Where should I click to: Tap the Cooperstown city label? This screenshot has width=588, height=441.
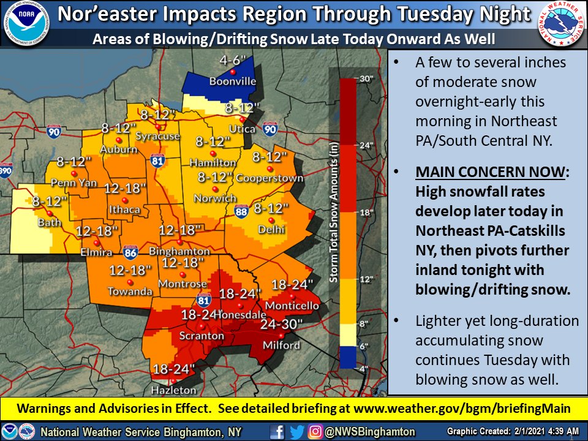277,178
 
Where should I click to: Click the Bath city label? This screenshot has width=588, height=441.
50,222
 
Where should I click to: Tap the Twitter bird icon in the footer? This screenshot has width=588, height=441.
296,431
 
